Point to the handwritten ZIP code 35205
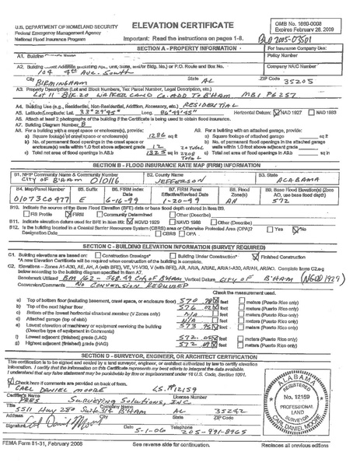tap(279, 80)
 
